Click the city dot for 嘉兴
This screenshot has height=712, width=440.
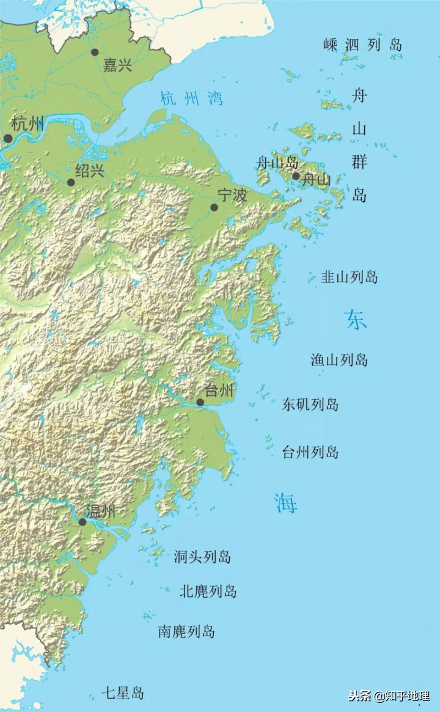[x=95, y=52]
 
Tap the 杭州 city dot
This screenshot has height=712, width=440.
[x=8, y=139]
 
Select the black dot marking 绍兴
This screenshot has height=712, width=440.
[x=71, y=182]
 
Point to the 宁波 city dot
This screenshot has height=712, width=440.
[x=215, y=207]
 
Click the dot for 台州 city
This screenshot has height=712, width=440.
[x=200, y=402]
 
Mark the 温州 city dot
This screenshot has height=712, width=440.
[x=82, y=522]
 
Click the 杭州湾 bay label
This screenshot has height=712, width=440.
[x=191, y=98]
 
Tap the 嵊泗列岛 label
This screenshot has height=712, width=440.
[x=363, y=45]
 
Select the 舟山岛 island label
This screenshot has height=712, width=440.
[x=277, y=163]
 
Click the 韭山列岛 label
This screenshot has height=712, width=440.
[x=350, y=277]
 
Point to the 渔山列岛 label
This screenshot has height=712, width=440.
[x=339, y=359]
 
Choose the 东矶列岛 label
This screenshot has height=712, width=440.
[x=310, y=404]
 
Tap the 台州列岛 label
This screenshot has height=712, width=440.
[x=310, y=452]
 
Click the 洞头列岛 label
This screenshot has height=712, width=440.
[x=202, y=557]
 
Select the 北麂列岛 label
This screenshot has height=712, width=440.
[x=208, y=591]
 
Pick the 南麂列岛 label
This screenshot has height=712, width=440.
[x=186, y=631]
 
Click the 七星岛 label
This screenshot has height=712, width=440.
[x=123, y=693]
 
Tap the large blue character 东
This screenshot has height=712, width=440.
[x=356, y=320]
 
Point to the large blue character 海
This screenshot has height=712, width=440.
[x=285, y=502]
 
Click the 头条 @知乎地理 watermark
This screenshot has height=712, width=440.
[x=389, y=695]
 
